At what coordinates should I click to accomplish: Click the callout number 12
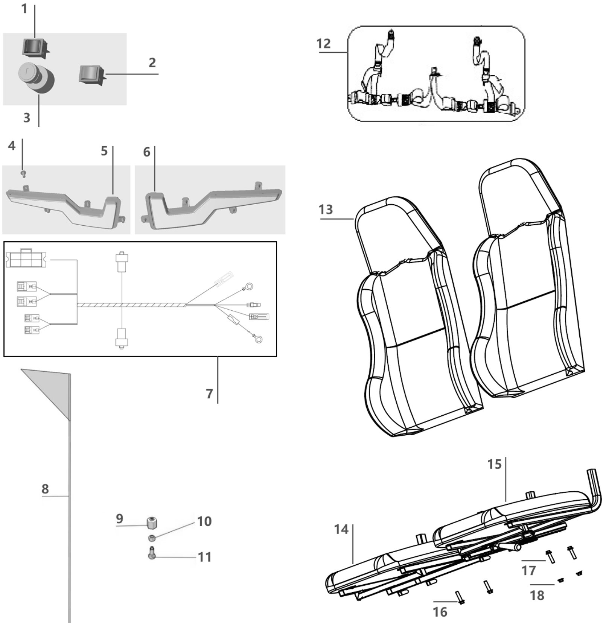coord(323,44)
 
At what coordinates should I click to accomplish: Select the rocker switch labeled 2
coord(90,74)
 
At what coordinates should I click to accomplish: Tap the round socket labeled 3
coord(37,77)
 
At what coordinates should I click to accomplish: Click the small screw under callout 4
coord(23,173)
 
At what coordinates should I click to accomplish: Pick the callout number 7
coord(210,394)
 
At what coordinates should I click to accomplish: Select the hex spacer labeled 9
coord(151,523)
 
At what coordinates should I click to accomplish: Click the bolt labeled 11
coord(152,553)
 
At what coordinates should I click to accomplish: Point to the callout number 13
coord(326,210)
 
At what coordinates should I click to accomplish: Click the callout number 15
coord(494,464)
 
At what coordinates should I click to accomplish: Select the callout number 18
coord(537,596)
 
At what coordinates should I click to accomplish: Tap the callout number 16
coord(440,612)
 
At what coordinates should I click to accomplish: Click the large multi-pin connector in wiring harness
coord(26,258)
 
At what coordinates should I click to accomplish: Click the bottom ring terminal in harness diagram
coord(258,339)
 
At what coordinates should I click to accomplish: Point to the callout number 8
coord(45,489)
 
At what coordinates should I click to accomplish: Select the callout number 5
coord(104,151)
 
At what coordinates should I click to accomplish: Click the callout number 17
coord(528,571)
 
